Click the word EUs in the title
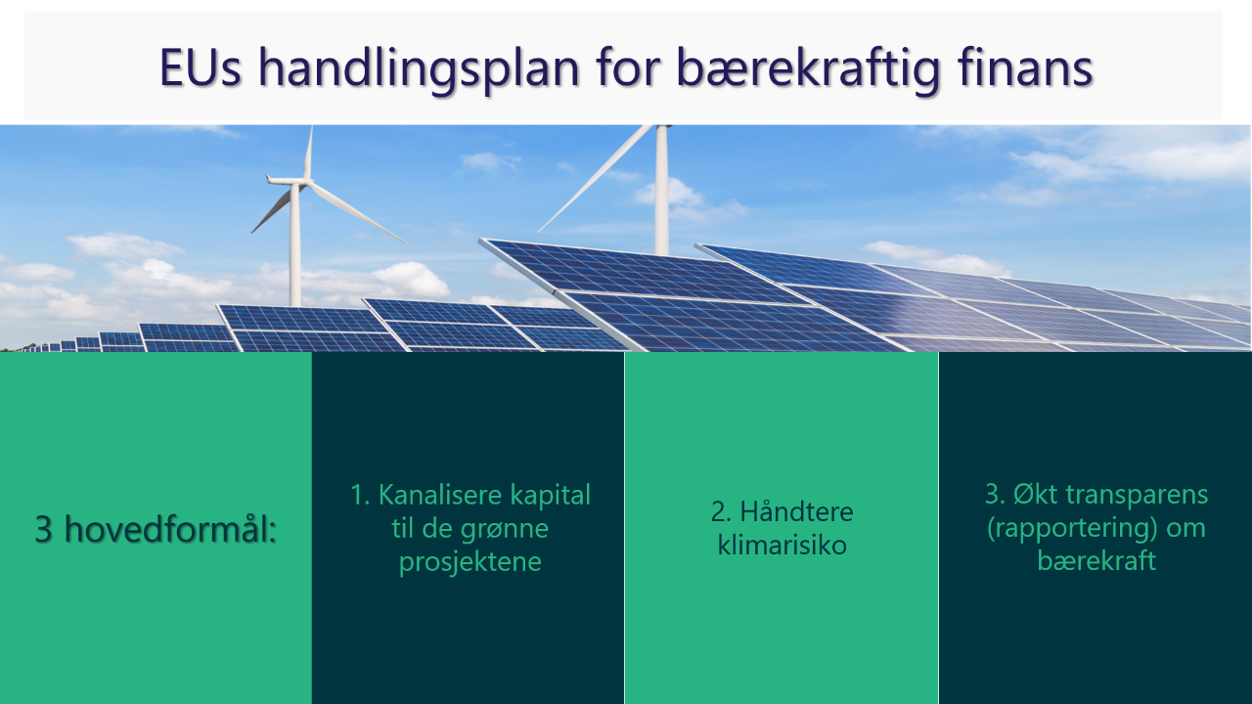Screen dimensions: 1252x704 tap(201, 67)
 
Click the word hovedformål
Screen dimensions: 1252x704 tap(170, 528)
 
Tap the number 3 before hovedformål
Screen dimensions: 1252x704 tap(44, 529)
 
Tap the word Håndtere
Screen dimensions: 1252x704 tap(797, 511)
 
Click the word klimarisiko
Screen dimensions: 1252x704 tap(782, 545)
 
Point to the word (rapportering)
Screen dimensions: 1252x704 tap(1072, 529)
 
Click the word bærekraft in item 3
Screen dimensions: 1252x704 tap(1096, 560)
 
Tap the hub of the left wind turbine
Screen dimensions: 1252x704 tap(304, 181)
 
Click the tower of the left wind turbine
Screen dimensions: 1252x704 tap(294, 245)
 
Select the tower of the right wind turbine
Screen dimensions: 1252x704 tap(662, 190)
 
